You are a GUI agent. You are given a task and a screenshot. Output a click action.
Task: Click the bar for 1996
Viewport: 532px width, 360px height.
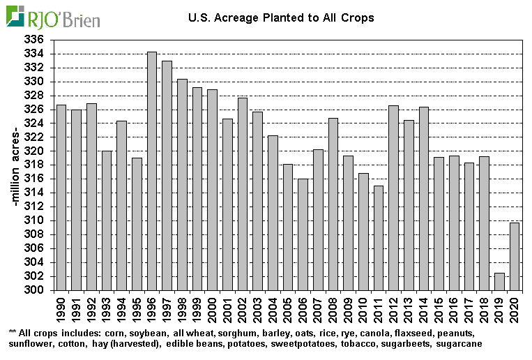point(152,171)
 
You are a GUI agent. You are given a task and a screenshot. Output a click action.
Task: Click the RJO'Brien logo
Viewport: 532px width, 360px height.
point(53,17)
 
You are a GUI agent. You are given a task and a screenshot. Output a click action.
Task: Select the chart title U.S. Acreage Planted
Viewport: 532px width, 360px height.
point(281,17)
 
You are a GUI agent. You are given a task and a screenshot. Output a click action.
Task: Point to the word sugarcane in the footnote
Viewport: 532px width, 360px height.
point(458,344)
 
